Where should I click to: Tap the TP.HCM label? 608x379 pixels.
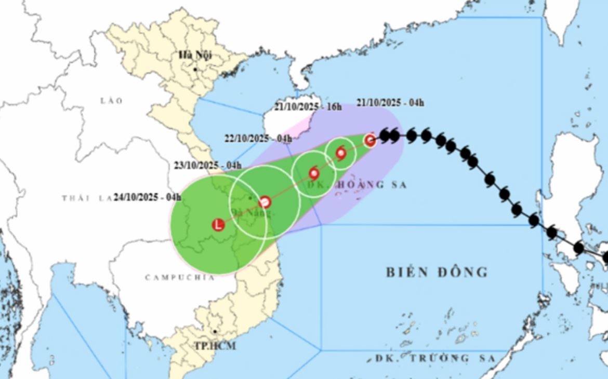point(215,346)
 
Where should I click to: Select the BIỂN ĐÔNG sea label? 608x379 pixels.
point(437,272)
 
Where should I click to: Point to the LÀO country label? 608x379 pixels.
point(112,101)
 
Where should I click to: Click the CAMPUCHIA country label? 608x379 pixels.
point(180,277)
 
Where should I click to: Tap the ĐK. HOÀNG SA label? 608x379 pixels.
point(356,185)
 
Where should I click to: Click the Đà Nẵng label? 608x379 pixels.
point(252,212)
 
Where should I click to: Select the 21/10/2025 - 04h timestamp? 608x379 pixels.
point(390,103)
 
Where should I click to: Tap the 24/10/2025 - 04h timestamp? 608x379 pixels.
point(148,197)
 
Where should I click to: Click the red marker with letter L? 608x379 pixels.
point(219,225)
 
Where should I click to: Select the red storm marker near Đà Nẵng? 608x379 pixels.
point(265,202)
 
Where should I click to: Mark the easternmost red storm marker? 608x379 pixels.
point(369,140)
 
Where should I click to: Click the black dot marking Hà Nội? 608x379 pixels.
point(195,69)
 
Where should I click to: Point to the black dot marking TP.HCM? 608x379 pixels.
point(214,331)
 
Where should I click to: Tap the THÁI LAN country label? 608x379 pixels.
point(83,198)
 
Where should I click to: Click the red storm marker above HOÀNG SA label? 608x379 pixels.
point(314,173)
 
